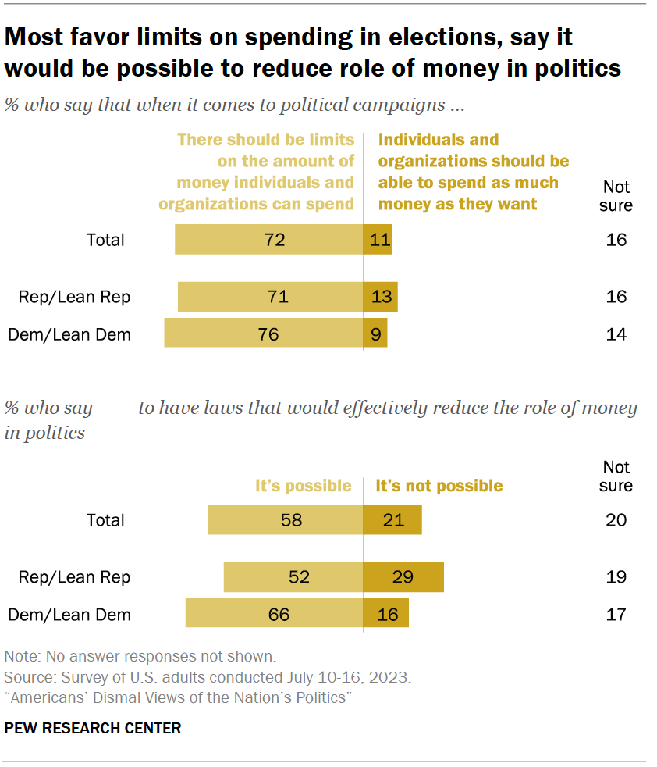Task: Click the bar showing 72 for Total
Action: coord(269,239)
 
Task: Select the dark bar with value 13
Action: coord(381,297)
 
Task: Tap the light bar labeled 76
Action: coord(264,334)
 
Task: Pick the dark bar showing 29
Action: coord(403,577)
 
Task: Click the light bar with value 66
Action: coord(275,615)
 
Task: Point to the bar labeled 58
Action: coord(286,520)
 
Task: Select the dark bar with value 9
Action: coord(375,334)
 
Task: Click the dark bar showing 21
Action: coord(392,520)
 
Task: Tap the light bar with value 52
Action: coord(293,577)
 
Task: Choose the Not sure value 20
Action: coord(616,520)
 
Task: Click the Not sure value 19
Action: coord(616,577)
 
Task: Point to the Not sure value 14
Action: coord(616,334)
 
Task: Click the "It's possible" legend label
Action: coord(304,486)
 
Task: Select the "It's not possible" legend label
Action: coord(439,486)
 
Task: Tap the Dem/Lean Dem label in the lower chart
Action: coord(69,615)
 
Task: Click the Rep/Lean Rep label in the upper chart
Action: coord(75,297)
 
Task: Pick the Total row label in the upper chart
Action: coord(105,239)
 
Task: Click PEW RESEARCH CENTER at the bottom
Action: coord(93,728)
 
